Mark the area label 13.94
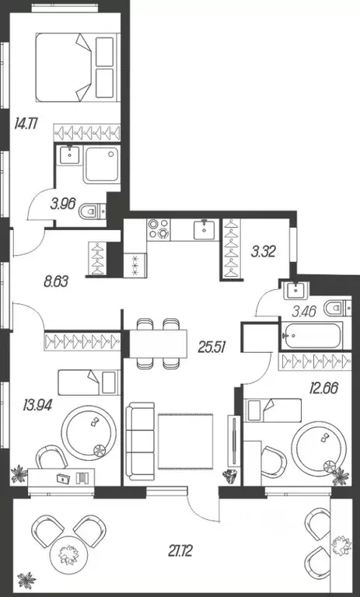coord(30,403)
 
